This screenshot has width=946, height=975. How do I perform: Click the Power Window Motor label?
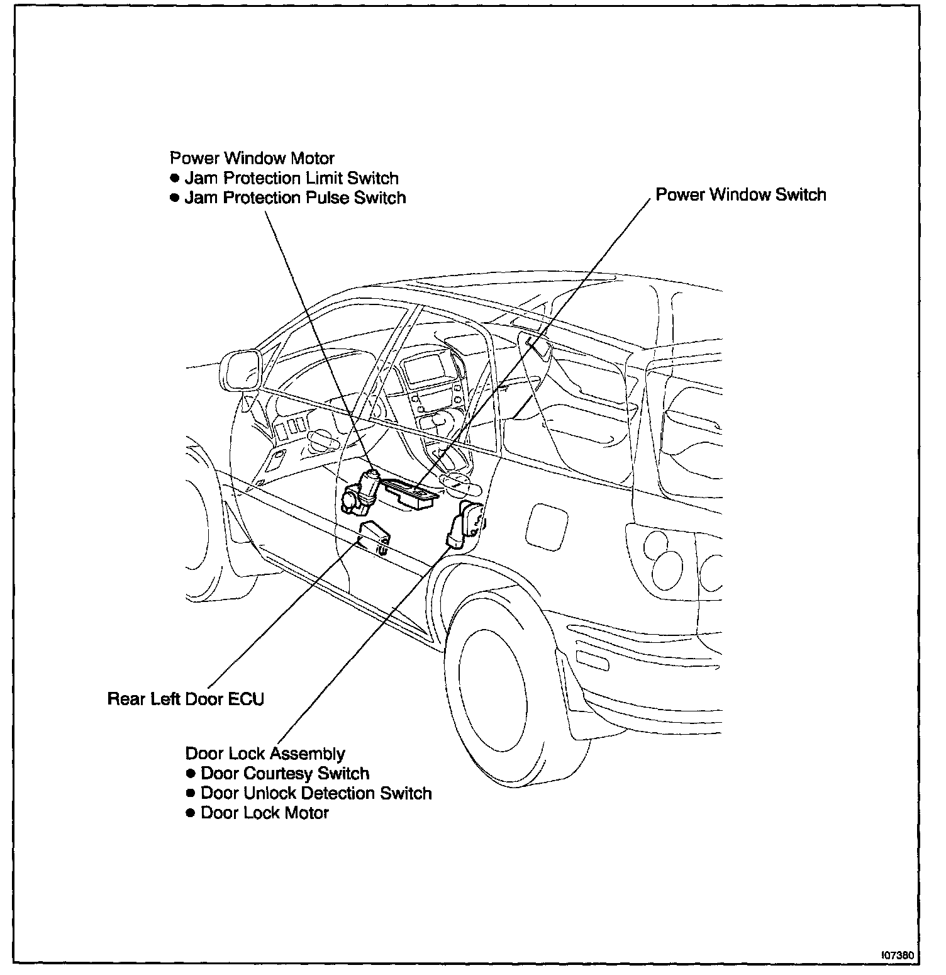tap(252, 158)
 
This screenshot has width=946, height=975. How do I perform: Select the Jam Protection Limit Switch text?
tap(291, 178)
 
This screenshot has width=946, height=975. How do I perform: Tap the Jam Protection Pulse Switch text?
tap(295, 198)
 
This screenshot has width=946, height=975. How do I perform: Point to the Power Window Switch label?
tap(740, 194)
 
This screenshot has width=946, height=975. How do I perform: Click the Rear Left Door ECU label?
tap(186, 699)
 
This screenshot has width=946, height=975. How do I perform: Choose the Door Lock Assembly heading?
tap(265, 754)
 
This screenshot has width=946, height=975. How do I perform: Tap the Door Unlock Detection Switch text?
tap(316, 793)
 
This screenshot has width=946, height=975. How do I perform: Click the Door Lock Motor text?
tap(264, 813)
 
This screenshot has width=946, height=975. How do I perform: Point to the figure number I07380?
tap(898, 954)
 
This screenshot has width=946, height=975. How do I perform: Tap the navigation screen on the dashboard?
tap(426, 369)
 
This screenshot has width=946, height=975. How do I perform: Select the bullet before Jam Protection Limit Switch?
tap(175, 178)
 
